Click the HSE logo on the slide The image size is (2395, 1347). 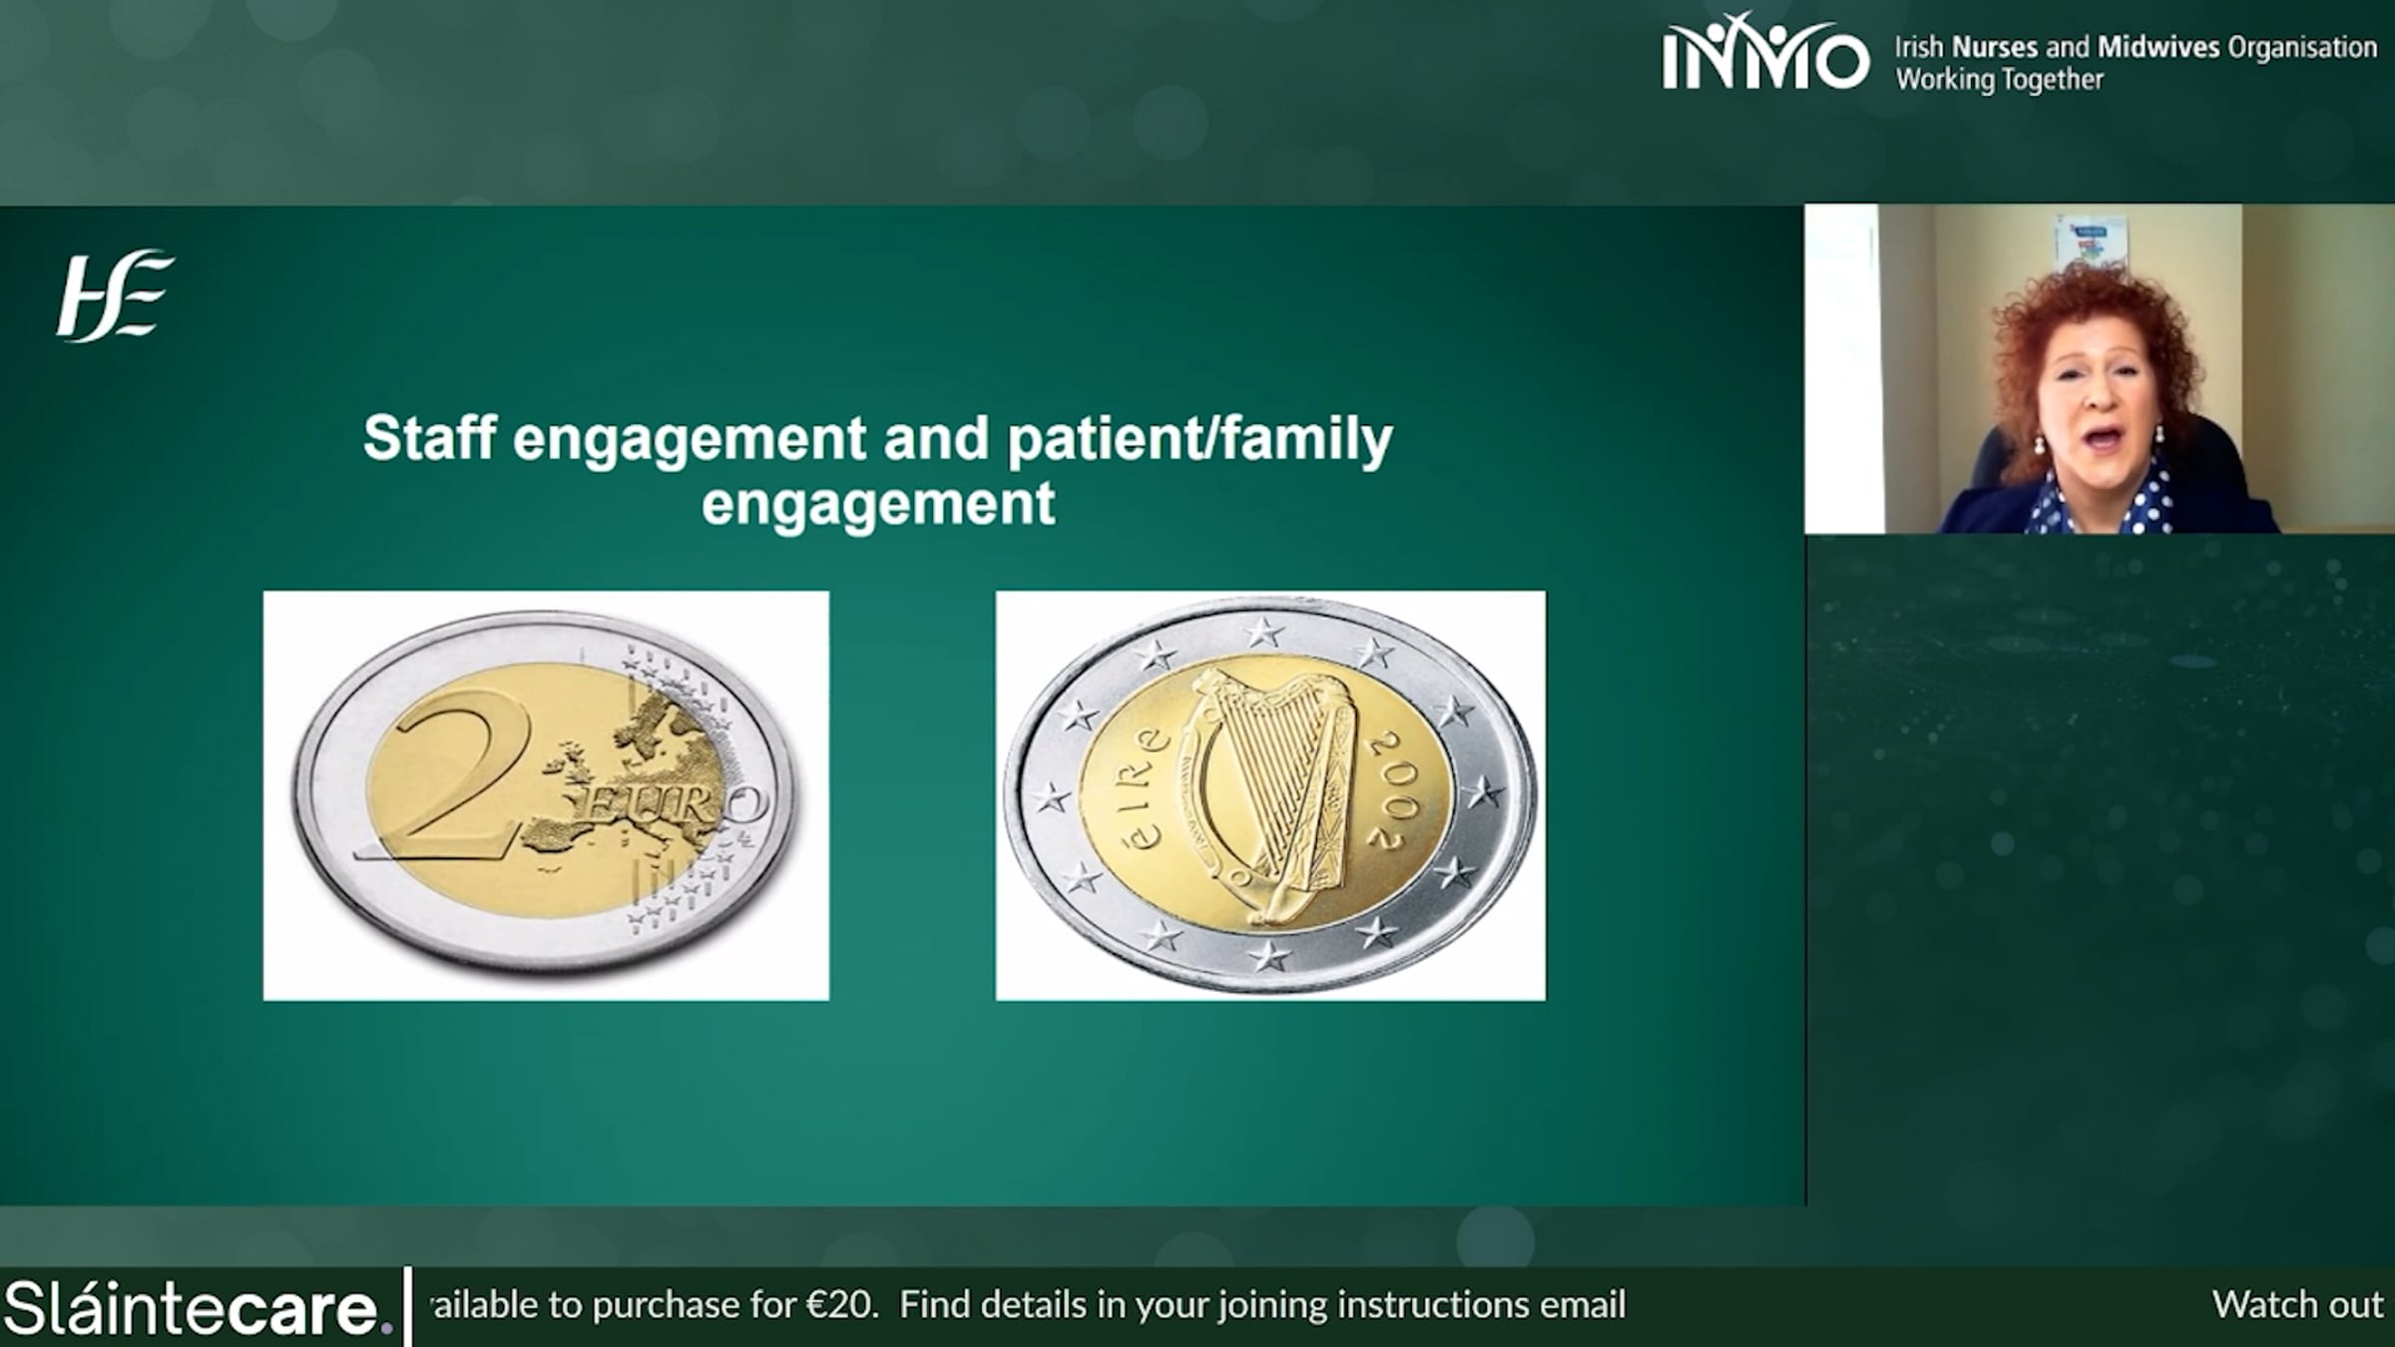[115, 296]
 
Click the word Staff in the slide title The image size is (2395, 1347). [429, 437]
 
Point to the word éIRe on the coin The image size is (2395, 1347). [1142, 788]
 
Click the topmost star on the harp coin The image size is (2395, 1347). [1263, 632]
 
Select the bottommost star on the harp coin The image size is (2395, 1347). [1269, 955]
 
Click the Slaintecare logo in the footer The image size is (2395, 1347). [198, 1307]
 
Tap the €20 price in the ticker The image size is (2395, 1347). [841, 1305]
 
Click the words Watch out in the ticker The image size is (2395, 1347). [2297, 1305]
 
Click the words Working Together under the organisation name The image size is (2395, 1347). [1999, 80]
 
